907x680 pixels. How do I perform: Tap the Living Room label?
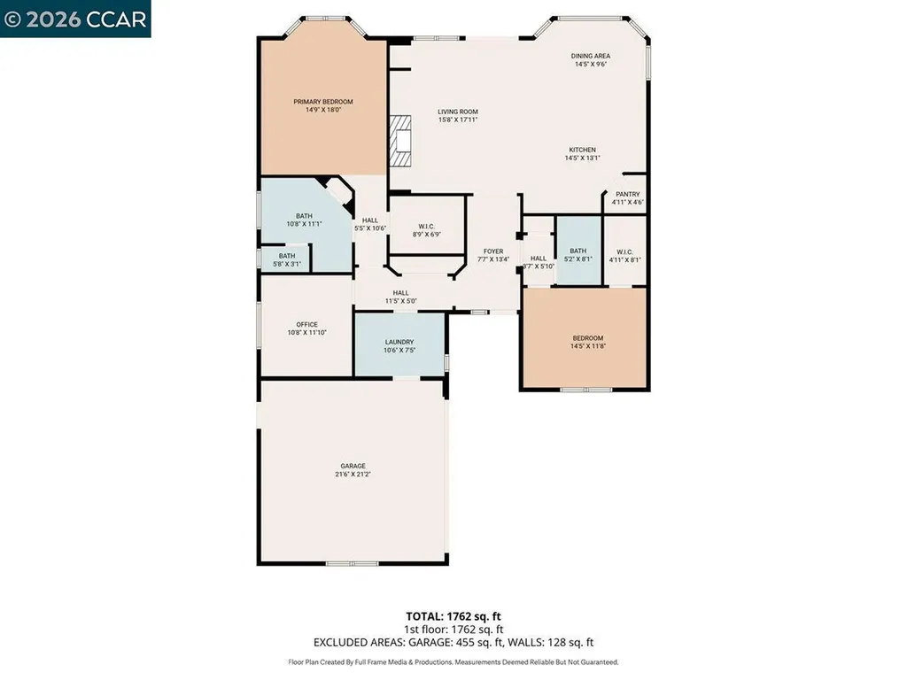pyautogui.click(x=458, y=112)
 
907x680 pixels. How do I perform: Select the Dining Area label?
pyautogui.click(x=590, y=56)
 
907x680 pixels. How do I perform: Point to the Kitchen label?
pyautogui.click(x=582, y=150)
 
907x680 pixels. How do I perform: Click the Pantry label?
pyautogui.click(x=627, y=194)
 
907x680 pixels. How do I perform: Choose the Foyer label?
pyautogui.click(x=493, y=251)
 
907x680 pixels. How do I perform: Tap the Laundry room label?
pyautogui.click(x=399, y=342)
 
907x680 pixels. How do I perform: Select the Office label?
pyautogui.click(x=306, y=324)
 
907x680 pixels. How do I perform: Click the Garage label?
pyautogui.click(x=353, y=466)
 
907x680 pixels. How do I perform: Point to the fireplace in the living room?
pyautogui.click(x=404, y=140)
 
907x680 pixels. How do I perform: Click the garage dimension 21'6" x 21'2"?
pyautogui.click(x=353, y=475)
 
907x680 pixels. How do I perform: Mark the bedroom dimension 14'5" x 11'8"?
pyautogui.click(x=587, y=346)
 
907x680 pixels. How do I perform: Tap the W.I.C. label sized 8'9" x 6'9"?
pyautogui.click(x=427, y=235)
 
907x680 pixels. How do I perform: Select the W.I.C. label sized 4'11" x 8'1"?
pyautogui.click(x=624, y=259)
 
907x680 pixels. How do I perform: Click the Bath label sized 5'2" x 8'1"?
pyautogui.click(x=578, y=259)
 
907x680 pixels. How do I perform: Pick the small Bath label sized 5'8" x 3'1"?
pyautogui.click(x=287, y=264)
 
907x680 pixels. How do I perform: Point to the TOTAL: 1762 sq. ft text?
pyautogui.click(x=453, y=615)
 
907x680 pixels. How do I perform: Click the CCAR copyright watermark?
pyautogui.click(x=75, y=19)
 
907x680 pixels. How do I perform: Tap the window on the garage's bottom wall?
pyautogui.click(x=352, y=563)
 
